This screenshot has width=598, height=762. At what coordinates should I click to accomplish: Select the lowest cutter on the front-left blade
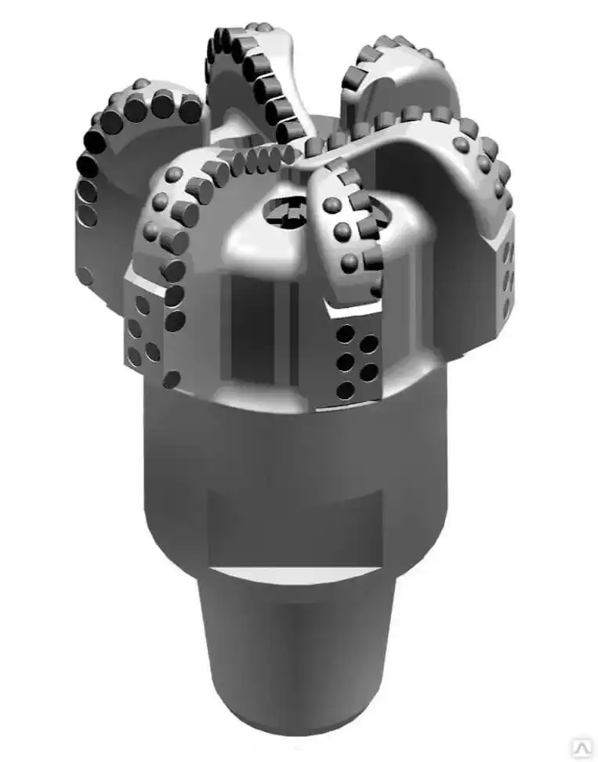[172, 379]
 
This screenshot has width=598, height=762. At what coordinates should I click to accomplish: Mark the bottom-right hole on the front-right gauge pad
[368, 388]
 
